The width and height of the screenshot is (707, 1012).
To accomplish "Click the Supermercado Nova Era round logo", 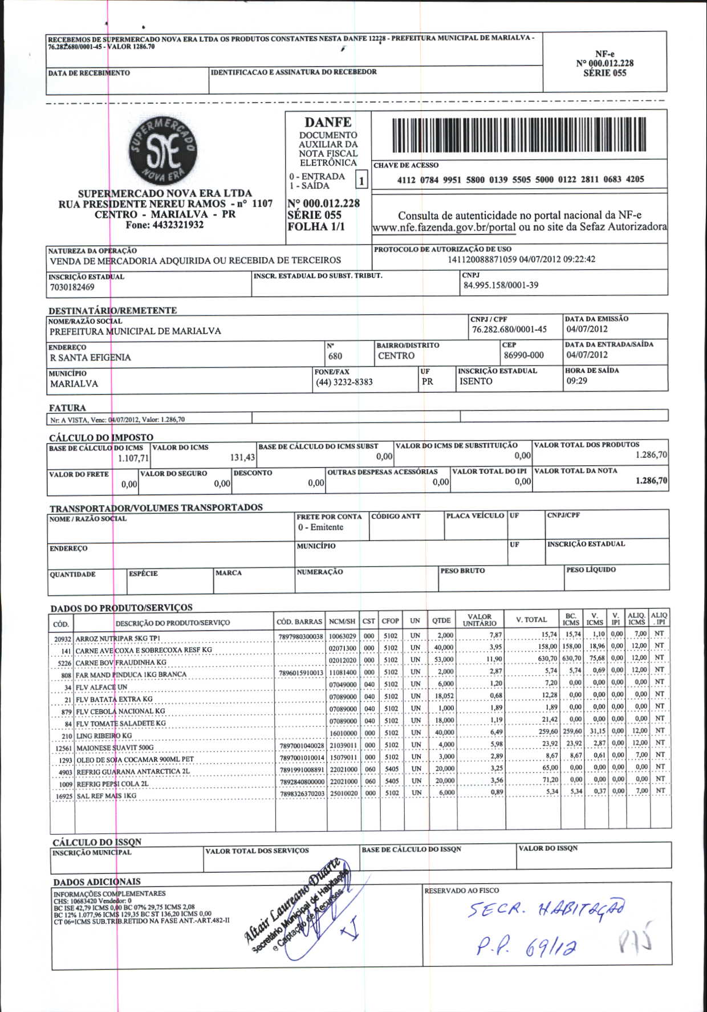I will tap(163, 151).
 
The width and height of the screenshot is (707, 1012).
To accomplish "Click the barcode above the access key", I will tap(519, 135).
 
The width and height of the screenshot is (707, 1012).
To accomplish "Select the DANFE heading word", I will tap(328, 123).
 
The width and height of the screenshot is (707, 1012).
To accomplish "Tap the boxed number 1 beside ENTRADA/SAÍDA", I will tap(361, 181).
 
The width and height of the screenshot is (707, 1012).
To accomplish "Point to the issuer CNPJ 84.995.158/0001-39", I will tap(501, 285).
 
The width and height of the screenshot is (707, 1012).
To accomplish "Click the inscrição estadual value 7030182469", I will tap(72, 287).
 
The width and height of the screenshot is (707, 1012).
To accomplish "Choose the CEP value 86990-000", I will tap(523, 355).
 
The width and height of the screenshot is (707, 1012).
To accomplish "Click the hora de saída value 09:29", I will tap(576, 381).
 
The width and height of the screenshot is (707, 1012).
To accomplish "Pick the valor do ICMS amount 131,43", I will tap(242, 457).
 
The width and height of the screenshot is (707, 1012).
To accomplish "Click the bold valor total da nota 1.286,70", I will tap(651, 481).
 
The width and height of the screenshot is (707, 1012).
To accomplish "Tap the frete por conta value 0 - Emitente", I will tap(320, 527).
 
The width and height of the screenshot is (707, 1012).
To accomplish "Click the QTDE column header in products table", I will tap(441, 620).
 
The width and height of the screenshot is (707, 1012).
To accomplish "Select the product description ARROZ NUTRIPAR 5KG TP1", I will tap(117, 639).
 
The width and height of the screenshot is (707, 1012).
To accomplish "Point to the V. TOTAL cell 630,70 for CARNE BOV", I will tap(547, 659).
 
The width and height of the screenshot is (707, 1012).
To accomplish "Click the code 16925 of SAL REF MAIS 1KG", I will tap(63, 796).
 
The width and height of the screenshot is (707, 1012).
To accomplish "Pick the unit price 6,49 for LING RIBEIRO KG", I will tap(496, 732).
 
